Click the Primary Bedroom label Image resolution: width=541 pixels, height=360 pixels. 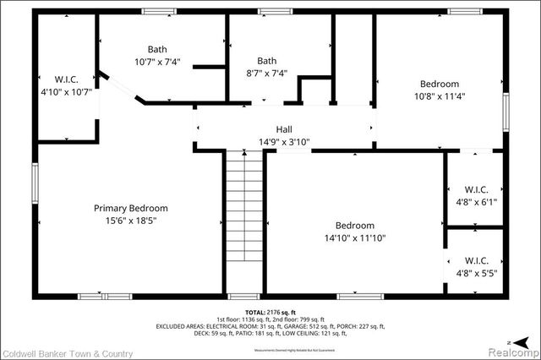click(130, 208)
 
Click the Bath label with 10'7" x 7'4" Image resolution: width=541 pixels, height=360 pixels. click(157, 50)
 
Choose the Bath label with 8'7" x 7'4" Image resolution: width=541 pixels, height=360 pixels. click(267, 61)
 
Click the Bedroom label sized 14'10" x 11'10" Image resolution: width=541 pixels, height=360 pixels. click(354, 226)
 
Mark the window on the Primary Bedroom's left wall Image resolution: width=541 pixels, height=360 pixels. click(36, 182)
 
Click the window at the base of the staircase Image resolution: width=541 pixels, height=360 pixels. click(244, 296)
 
